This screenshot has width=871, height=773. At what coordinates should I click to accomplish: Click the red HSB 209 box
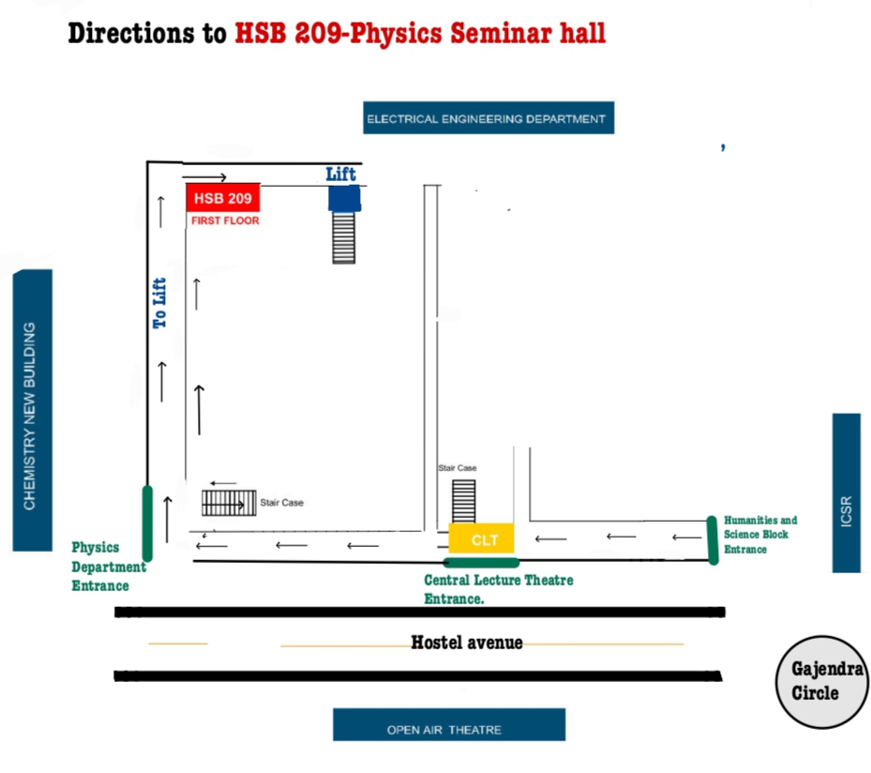[x=222, y=198]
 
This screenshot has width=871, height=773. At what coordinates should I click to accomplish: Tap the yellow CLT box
[x=481, y=539]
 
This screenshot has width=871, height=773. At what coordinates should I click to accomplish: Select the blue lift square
[x=344, y=198]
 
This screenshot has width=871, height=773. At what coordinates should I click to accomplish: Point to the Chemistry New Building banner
[x=31, y=411]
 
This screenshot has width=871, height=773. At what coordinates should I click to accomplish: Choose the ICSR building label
[x=847, y=493]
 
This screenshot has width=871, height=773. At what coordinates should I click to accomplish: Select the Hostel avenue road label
[x=466, y=643]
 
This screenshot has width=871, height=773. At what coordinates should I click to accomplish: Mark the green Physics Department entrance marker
[x=147, y=523]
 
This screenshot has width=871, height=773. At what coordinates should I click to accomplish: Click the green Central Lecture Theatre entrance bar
[x=481, y=563]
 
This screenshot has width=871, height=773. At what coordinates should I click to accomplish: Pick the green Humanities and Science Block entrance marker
[x=713, y=540]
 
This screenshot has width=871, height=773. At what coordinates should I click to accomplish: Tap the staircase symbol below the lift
[x=344, y=237]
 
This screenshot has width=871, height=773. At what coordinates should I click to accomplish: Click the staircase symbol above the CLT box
[x=464, y=501]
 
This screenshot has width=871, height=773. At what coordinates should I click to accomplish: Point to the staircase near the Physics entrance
[x=230, y=503]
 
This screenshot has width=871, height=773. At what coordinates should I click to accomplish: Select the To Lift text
[x=160, y=303]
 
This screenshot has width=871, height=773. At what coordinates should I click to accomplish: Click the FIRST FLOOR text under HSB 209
[x=225, y=220]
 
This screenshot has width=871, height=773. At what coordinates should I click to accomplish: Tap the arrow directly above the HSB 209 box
[x=204, y=176]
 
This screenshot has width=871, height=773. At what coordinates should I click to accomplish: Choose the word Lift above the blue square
[x=341, y=174]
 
